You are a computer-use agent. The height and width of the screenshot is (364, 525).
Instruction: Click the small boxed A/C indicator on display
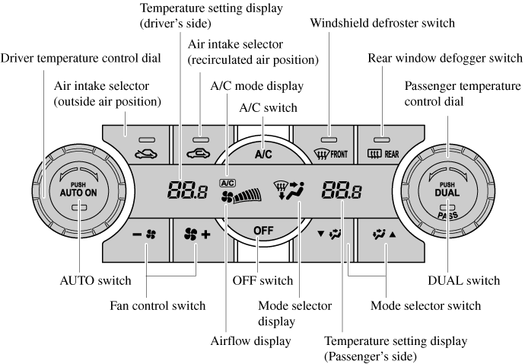click(227, 183)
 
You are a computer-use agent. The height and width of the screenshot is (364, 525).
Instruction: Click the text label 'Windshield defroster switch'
click(383, 24)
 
